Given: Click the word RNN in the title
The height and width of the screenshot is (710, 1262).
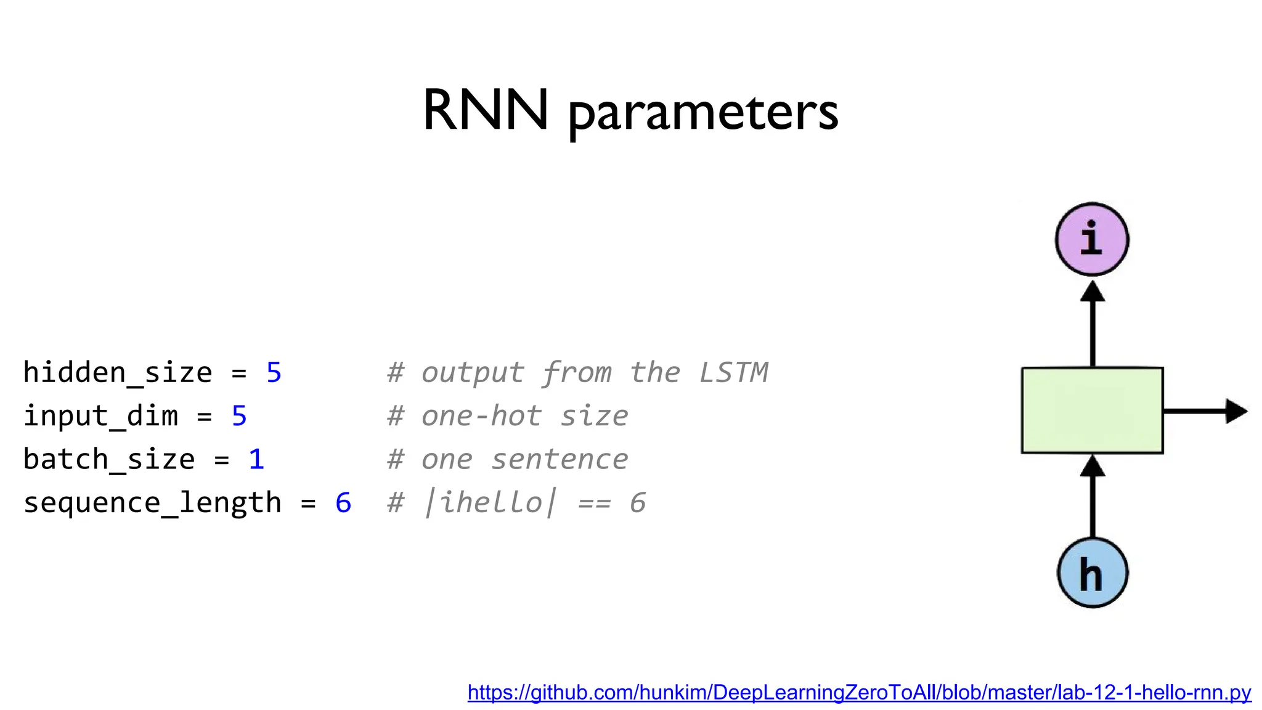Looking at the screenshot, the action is [x=485, y=110].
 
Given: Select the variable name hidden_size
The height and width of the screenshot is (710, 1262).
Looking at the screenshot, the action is [x=118, y=373].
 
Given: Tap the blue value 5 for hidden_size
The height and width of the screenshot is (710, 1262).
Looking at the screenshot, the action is [x=274, y=373].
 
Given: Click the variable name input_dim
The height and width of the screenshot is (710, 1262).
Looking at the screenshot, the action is [x=100, y=416].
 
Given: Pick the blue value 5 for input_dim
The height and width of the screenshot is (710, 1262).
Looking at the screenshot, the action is [x=239, y=416].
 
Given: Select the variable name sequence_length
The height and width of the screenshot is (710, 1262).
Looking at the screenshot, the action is [x=152, y=503].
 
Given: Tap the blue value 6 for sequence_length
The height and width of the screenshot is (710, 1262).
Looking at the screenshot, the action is [x=343, y=503].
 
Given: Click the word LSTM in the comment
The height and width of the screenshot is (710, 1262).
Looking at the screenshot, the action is [x=734, y=373].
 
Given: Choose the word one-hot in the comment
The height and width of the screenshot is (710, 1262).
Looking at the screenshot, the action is [x=481, y=416].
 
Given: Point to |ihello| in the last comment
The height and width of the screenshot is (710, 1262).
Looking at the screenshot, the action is [x=490, y=503].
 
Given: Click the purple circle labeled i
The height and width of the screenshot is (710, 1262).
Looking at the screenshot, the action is [x=1092, y=239].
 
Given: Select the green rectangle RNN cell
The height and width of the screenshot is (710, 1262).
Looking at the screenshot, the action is [x=1092, y=410].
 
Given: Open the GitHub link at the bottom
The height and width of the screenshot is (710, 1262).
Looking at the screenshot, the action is [x=859, y=693].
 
